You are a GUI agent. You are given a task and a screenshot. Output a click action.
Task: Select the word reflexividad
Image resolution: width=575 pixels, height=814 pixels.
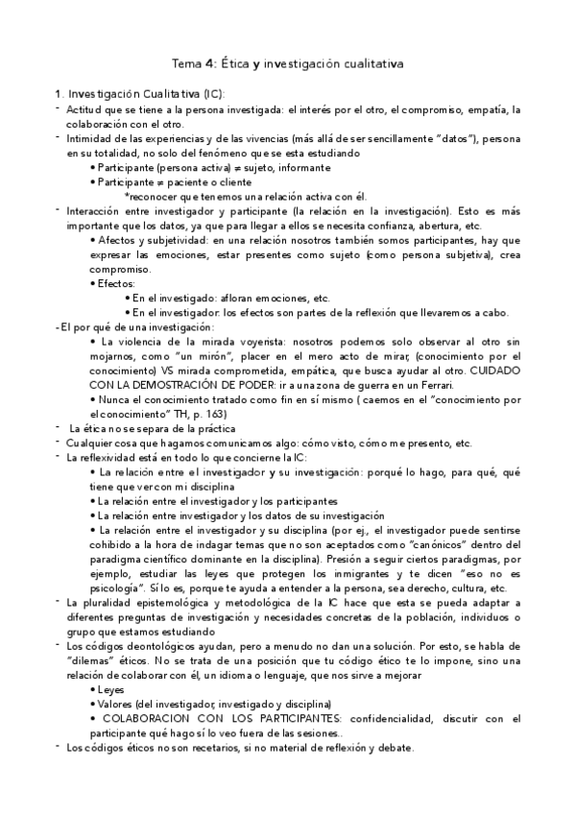click(x=106, y=458)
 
